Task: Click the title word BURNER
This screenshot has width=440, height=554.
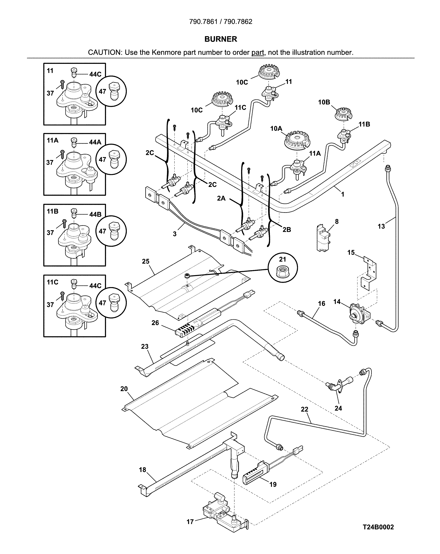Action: coord(221,39)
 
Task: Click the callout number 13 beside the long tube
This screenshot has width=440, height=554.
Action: coord(381,226)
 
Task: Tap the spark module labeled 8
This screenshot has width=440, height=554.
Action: coord(323,238)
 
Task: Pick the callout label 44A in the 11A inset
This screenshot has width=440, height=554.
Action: coord(95,142)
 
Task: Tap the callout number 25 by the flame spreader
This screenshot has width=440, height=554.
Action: coord(146,261)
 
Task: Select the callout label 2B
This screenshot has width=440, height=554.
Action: coord(287,229)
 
